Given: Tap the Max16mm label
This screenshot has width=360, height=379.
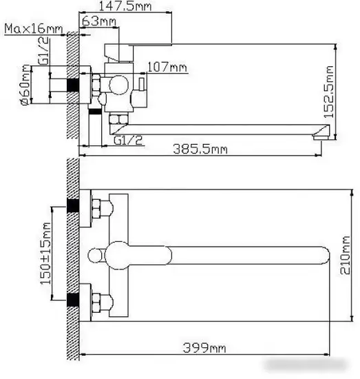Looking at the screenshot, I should click(x=33, y=29).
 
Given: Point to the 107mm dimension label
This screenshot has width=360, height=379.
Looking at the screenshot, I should click(x=168, y=67).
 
